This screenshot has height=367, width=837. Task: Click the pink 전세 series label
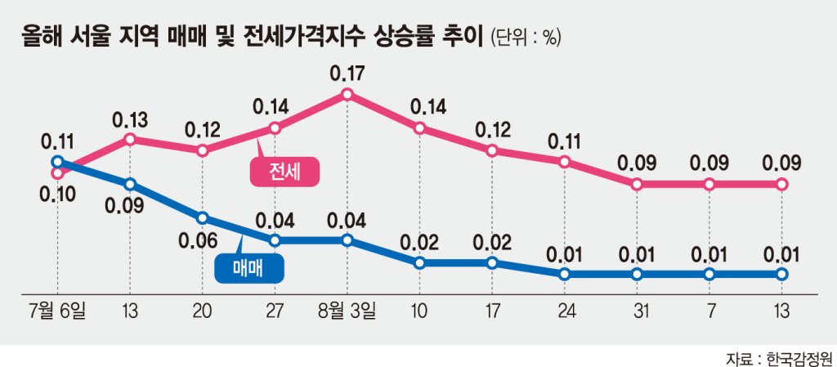pos(284,172)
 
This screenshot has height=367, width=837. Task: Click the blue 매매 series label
pos(249,269)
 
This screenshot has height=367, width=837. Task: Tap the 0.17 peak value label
pos(347,72)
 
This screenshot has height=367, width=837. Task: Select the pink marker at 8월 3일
pos(347,95)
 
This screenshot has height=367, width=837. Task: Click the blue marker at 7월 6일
pos(57,162)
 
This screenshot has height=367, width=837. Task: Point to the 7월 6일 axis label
pos(57,310)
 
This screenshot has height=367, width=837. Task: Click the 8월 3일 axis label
pos(347,310)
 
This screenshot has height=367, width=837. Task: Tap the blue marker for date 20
pos(203,217)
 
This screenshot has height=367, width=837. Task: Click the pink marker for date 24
pos(565,162)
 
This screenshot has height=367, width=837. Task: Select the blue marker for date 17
pos(492,262)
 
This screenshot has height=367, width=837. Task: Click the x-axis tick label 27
pos(275,310)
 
